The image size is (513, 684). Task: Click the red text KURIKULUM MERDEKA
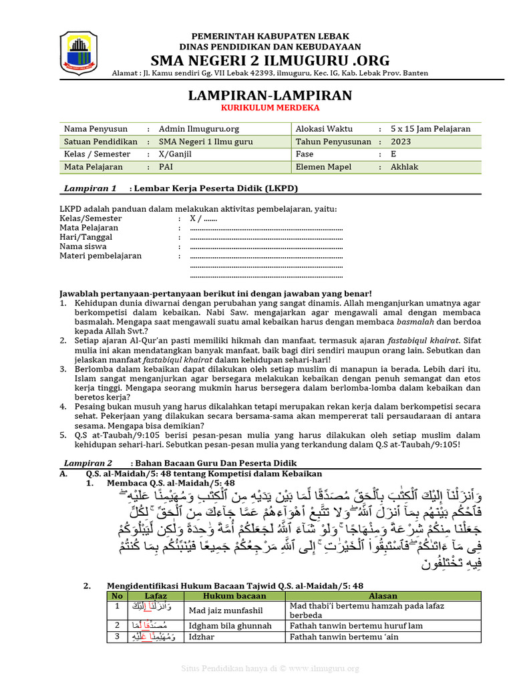click(x=270, y=108)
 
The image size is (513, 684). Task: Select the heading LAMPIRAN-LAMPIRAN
click(x=270, y=96)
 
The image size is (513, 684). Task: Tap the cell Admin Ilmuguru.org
click(x=199, y=129)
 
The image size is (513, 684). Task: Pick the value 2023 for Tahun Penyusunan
click(x=401, y=142)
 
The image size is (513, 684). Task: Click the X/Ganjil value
click(x=175, y=154)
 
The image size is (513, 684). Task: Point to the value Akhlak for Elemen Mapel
click(x=405, y=167)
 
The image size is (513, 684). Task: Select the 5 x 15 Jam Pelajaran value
click(x=431, y=129)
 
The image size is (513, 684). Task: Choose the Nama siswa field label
click(x=84, y=246)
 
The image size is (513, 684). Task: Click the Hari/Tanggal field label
click(x=86, y=237)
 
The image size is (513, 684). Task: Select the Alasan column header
click(x=382, y=596)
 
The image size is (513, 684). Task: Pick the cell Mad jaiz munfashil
click(x=226, y=611)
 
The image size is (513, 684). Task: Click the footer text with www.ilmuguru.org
click(x=270, y=669)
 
